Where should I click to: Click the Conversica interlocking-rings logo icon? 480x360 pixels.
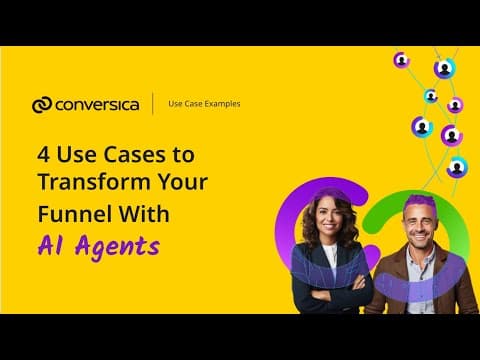[42, 105]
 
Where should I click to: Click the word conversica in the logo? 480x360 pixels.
[97, 105]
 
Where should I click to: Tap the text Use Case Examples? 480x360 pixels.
[204, 104]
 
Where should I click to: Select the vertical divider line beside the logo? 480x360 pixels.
[153, 104]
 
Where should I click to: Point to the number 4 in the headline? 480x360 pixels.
[44, 155]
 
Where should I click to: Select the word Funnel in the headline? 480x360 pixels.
[75, 214]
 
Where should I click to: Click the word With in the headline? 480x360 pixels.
[144, 214]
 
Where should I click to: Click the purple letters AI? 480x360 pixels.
[50, 246]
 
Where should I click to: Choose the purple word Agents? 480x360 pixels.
[118, 248]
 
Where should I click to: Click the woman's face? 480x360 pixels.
[330, 217]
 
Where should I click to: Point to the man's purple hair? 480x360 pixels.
[420, 202]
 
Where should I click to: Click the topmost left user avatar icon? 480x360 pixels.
[402, 61]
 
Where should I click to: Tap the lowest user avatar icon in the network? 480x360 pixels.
[457, 167]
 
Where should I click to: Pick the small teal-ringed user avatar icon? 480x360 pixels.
[431, 96]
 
